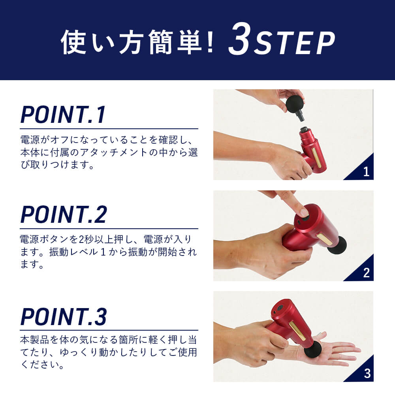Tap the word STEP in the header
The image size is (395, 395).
pyautogui.click(x=294, y=43)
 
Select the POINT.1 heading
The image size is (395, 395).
pyautogui.click(x=63, y=115)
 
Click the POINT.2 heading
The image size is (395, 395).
pyautogui.click(x=64, y=214)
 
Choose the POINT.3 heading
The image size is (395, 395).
pyautogui.click(x=64, y=316)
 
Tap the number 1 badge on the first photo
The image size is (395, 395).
pyautogui.click(x=366, y=172)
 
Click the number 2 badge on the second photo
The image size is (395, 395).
pyautogui.click(x=367, y=273)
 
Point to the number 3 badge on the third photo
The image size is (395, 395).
pyautogui.click(x=367, y=374)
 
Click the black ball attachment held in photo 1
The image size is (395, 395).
pyautogui.click(x=295, y=104)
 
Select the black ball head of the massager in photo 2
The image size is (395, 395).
pyautogui.click(x=336, y=245)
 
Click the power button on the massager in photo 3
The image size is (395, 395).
pyautogui.click(x=279, y=308)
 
